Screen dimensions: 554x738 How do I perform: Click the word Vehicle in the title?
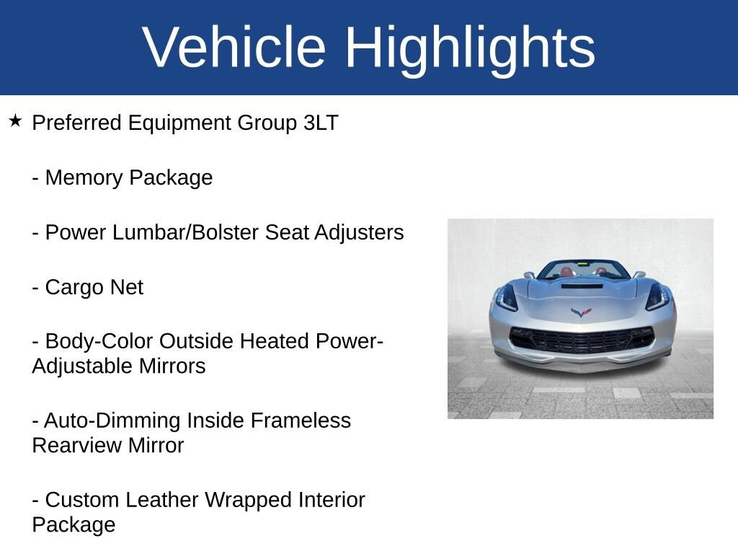[234, 48]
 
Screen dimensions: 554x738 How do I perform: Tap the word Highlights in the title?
[470, 48]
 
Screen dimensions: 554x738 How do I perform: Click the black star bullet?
[15, 120]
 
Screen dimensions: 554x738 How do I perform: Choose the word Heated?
[274, 341]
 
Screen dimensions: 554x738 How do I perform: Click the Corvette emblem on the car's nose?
[581, 312]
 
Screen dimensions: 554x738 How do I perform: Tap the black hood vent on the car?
[581, 286]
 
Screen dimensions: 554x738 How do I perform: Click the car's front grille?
[581, 339]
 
